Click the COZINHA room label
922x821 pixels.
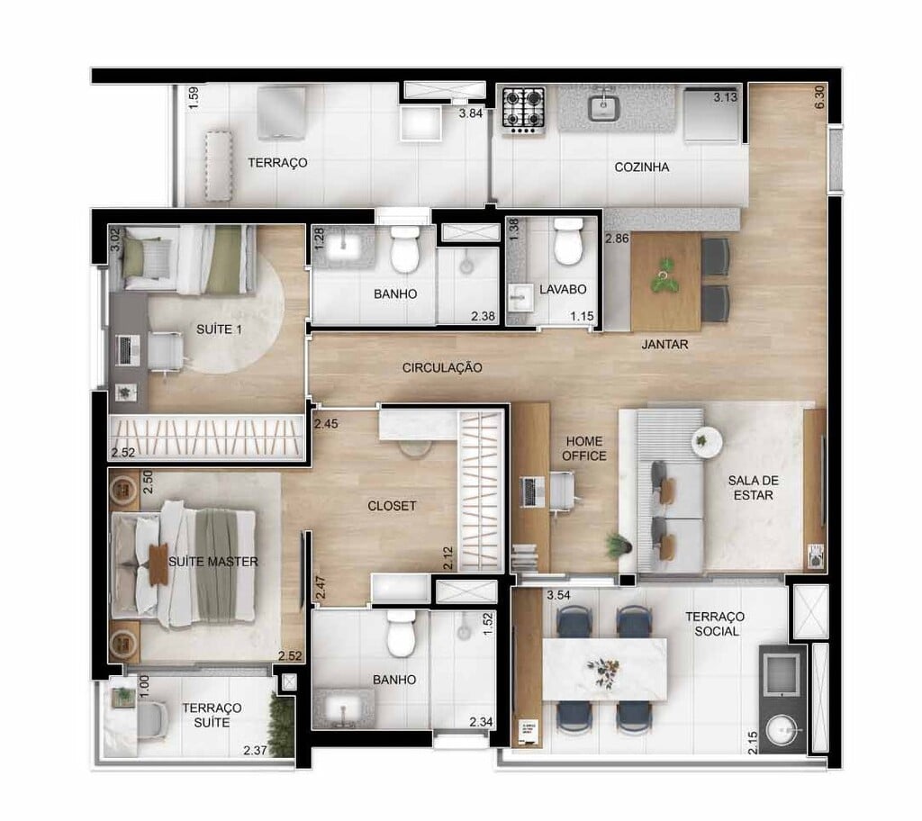pyautogui.click(x=641, y=167)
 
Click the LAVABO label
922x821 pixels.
pyautogui.click(x=563, y=290)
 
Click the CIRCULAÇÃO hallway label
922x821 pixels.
pyautogui.click(x=442, y=367)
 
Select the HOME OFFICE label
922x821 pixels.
pyautogui.click(x=585, y=448)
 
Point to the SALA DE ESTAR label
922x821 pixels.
pyautogui.click(x=752, y=487)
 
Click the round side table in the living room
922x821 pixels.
pyautogui.click(x=707, y=441)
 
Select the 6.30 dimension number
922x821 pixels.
pyautogui.click(x=818, y=97)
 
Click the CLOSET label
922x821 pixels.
pyautogui.click(x=392, y=506)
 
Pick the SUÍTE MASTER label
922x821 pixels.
pyautogui.click(x=213, y=562)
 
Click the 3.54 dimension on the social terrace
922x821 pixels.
pyautogui.click(x=559, y=595)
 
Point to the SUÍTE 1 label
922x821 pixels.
pyautogui.click(x=220, y=330)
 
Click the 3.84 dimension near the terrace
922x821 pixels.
pyautogui.click(x=472, y=114)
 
